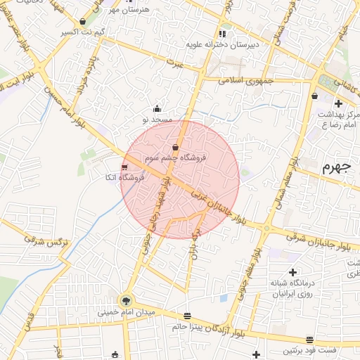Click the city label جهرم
(335, 167)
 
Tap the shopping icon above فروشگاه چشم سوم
(174, 147)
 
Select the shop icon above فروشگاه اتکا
(124, 167)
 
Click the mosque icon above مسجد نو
(157, 109)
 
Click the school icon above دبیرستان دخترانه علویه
(223, 33)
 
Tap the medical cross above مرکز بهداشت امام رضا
(338, 103)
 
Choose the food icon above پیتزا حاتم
(186, 316)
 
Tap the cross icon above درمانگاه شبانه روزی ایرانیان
(292, 271)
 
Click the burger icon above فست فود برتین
(309, 340)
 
